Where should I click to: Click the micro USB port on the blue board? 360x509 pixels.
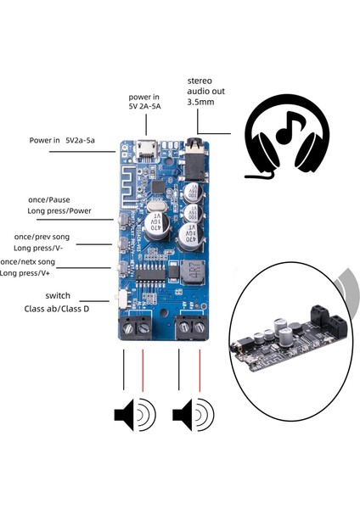point(147,153)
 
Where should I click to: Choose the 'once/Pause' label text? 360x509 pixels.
point(53,199)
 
